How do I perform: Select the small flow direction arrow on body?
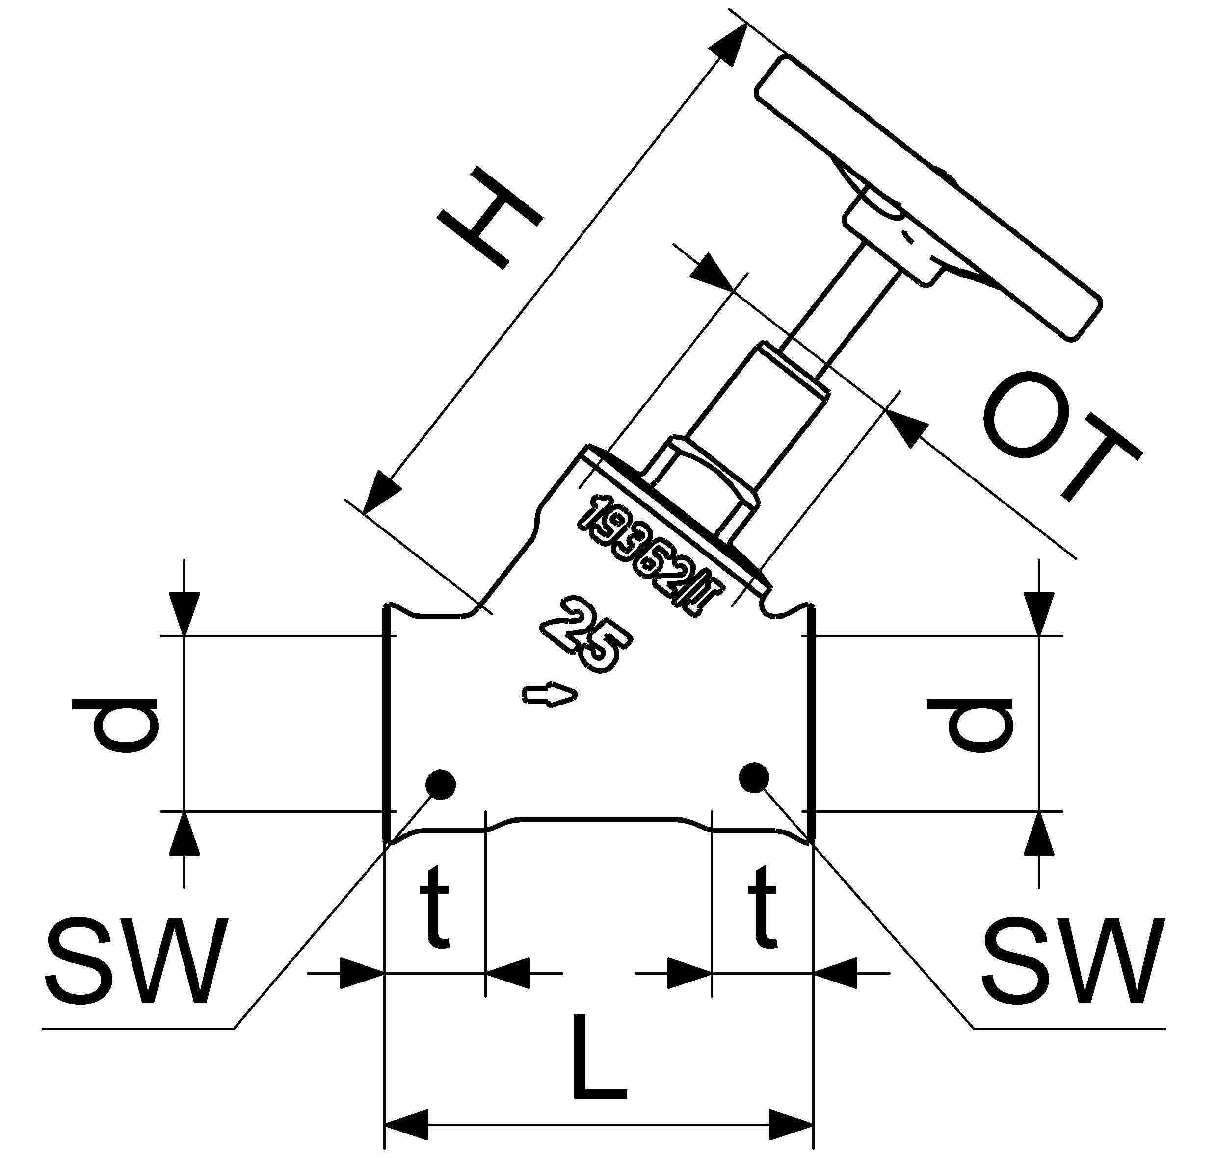point(550,696)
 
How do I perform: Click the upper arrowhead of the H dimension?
point(729,46)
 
